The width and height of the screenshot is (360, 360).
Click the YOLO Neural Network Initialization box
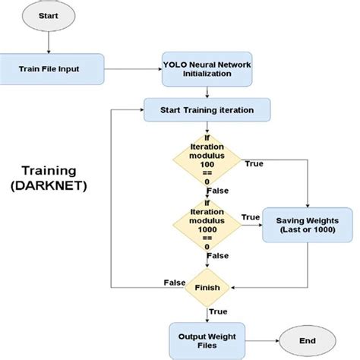point(207,69)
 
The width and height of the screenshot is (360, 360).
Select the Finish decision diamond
point(207,288)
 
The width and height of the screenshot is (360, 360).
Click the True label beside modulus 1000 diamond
point(250,217)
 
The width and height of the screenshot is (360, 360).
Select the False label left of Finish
point(175,283)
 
